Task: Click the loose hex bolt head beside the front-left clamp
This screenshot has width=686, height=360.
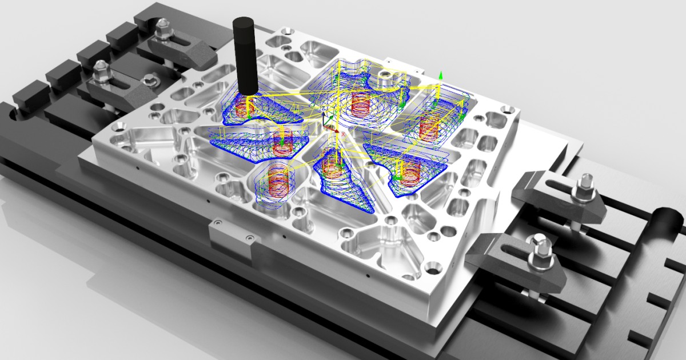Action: click(150, 80)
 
